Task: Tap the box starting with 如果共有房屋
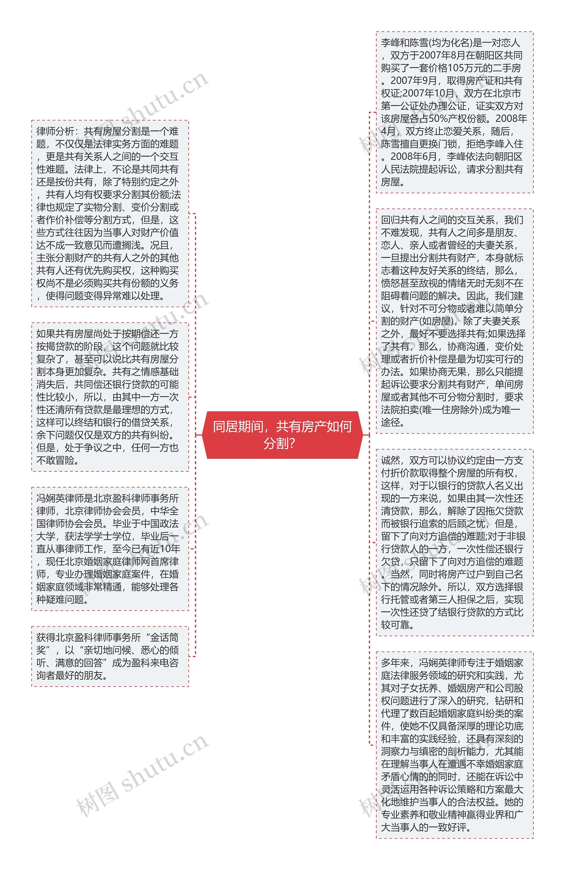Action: tap(110, 397)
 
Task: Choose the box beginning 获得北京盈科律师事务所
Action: tap(110, 656)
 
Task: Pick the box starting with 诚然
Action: tap(454, 543)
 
